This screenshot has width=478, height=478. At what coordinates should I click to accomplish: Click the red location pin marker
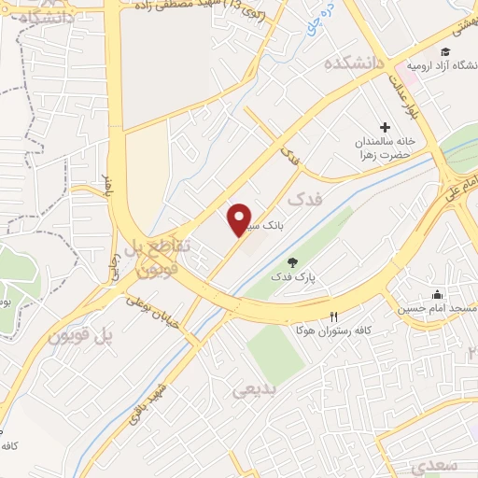(x=241, y=218)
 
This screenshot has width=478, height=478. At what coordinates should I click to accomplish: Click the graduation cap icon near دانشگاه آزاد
(x=445, y=50)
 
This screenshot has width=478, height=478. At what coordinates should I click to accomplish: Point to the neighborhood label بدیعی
(x=255, y=390)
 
